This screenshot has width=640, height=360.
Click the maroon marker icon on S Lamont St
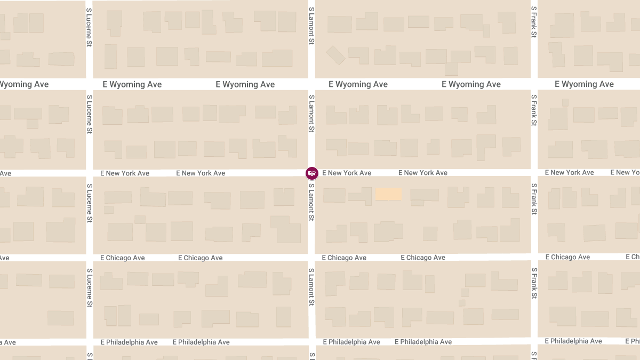coord(311,173)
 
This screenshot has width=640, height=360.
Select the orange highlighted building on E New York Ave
coord(388,194)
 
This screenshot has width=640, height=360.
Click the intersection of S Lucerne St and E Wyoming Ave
coord(90,84)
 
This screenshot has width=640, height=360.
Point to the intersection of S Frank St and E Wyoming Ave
coord(534,84)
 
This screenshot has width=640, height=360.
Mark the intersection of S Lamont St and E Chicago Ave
coord(311,257)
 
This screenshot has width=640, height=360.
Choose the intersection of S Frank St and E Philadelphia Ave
coord(534,341)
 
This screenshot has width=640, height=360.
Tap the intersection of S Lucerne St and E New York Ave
coord(90,173)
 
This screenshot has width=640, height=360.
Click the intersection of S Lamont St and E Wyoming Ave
coord(311,84)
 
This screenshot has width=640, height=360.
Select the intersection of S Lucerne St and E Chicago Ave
coord(90,257)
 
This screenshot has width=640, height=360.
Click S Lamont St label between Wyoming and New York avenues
coord(311,114)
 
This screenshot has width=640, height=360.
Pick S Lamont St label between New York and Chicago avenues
coord(311,202)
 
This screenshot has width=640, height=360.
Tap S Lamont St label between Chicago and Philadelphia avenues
coord(311,287)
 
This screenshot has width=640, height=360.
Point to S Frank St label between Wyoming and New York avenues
coord(534,110)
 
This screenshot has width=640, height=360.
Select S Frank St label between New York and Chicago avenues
coord(534,199)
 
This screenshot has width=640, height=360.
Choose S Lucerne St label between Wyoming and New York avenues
coord(90,114)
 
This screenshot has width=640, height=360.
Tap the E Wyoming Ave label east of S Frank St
coord(584,84)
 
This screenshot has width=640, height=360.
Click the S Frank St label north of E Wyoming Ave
coord(534,22)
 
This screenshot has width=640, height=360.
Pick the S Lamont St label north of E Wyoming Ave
coord(311,26)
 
